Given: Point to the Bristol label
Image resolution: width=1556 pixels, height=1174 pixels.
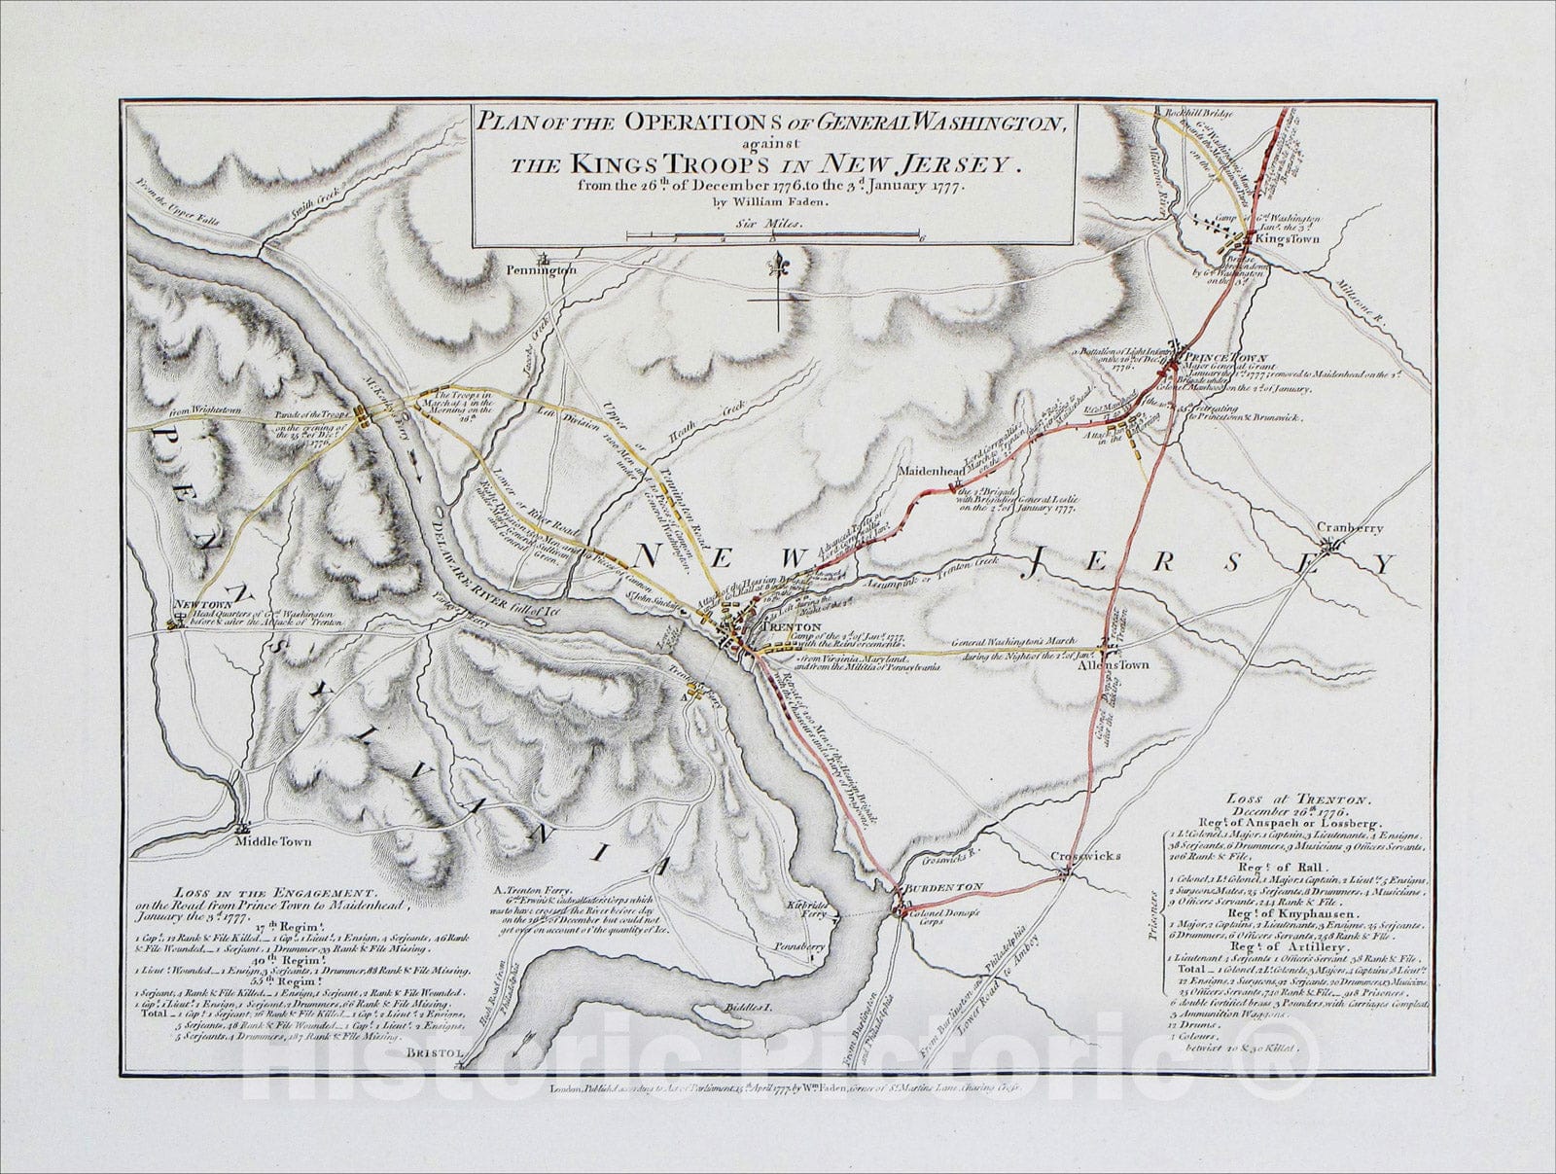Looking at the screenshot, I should click(x=432, y=1052).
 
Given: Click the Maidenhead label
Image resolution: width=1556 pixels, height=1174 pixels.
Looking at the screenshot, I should click(x=931, y=471).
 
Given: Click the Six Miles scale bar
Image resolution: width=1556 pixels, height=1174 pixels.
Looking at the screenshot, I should click(x=774, y=234).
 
